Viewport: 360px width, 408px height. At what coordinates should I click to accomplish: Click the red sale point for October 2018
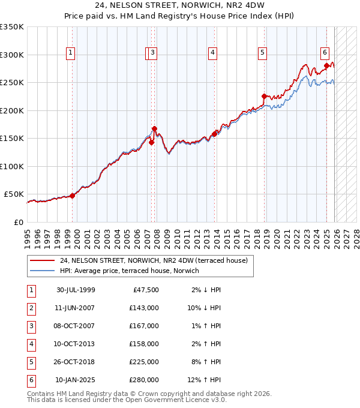264,96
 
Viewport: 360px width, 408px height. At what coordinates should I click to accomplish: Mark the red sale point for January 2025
326,65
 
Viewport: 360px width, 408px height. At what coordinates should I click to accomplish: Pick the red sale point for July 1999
72,195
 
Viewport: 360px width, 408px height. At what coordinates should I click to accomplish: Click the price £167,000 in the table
144,326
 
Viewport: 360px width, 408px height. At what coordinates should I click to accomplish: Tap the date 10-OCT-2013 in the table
76,344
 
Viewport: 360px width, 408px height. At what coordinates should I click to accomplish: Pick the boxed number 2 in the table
31,308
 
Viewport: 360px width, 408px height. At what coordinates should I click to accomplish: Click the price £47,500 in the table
146,290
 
